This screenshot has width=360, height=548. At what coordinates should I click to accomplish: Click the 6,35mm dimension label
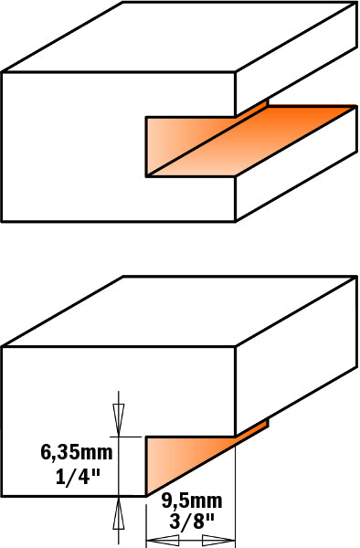coord(77,453)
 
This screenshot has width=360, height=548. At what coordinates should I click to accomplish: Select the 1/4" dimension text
coord(78,477)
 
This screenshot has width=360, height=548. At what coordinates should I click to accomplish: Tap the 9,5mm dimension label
coord(192,501)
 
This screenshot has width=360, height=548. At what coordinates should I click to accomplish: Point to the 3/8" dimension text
coord(192,522)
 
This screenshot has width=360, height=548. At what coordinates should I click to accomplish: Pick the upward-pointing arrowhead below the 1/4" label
coord(119,512)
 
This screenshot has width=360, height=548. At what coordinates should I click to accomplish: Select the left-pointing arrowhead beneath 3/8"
coord(163,539)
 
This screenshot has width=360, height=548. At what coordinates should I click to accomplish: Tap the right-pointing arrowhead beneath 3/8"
coord(218,539)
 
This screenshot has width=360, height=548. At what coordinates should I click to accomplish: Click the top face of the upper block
coord(180,37)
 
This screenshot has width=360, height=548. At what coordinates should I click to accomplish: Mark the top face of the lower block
coord(180,311)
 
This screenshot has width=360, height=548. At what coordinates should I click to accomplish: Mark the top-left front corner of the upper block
coord(3,72)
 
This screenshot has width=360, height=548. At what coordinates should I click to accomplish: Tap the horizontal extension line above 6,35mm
coord(126,437)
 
